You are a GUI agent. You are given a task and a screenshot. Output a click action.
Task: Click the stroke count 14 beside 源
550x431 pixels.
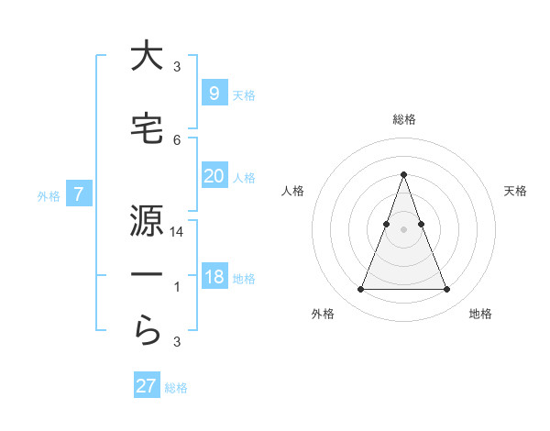pos(177,233)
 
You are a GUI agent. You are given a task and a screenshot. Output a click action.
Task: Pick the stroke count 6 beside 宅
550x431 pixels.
pos(177,139)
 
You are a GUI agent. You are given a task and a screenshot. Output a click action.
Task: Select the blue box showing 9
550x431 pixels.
pos(214,93)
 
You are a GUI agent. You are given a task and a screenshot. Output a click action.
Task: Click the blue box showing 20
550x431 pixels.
pos(214,176)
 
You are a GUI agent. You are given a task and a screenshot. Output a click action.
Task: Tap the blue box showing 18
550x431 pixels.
pos(214,277)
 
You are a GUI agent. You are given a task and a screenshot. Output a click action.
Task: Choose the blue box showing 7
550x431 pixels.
pos(80,194)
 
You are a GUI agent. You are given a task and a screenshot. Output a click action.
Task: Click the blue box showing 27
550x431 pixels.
pos(146,386)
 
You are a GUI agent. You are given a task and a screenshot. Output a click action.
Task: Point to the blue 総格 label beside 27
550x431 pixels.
pos(176,388)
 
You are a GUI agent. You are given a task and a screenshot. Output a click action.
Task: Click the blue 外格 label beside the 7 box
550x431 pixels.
pos(49,195)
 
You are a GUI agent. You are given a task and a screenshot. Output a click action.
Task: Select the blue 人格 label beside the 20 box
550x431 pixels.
pos(244,177)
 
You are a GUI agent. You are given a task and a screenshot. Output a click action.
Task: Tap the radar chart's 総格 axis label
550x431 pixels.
pos(403,119)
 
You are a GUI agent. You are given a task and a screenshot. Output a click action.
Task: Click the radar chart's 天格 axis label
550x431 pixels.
pos(516,191)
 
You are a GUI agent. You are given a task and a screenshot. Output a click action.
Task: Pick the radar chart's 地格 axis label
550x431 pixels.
pos(480,314)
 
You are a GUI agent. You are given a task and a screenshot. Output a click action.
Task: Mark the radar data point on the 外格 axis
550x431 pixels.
pos(360,290)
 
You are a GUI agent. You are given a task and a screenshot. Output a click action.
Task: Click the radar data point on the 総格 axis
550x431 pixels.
pos(403,173)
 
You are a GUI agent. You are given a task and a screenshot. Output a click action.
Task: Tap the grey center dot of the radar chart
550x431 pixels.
pos(403,229)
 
